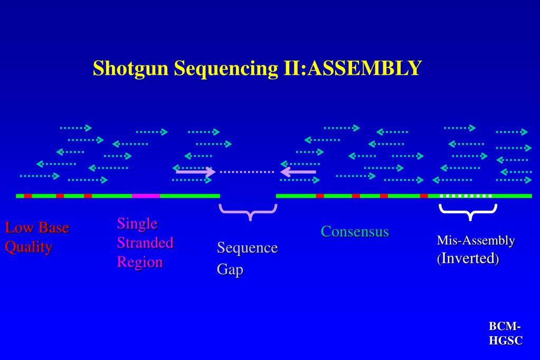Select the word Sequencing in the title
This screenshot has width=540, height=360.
pyautogui.click(x=224, y=68)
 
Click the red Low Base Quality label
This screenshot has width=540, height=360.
pyautogui.click(x=36, y=238)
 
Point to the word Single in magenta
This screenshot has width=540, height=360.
pyautogui.click(x=137, y=223)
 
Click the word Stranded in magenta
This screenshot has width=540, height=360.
pyautogui.click(x=145, y=243)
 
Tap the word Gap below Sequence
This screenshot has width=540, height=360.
pyautogui.click(x=230, y=269)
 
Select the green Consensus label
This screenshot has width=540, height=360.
pyautogui.click(x=355, y=231)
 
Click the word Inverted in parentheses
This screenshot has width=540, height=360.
pyautogui.click(x=469, y=259)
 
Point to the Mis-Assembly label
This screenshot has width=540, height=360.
pyautogui.click(x=476, y=241)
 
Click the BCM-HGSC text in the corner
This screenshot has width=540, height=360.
pyautogui.click(x=505, y=334)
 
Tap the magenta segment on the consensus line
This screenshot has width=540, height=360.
pyautogui.click(x=146, y=196)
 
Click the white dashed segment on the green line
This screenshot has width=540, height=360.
pyautogui.click(x=466, y=196)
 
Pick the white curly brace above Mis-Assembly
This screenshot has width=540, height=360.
pyautogui.click(x=468, y=212)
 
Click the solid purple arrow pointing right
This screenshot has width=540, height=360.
pyautogui.click(x=195, y=172)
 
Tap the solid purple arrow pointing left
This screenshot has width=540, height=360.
pyautogui.click(x=298, y=172)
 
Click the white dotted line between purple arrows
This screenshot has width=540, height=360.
pyautogui.click(x=247, y=172)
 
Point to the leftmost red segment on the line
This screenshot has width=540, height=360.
pyautogui.click(x=28, y=196)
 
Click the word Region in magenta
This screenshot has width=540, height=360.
pyautogui.click(x=140, y=262)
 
